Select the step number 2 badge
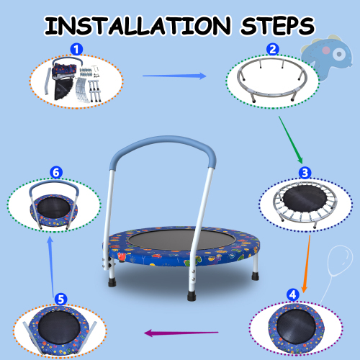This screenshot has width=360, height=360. click(x=272, y=50)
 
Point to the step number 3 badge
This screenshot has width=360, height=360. click(x=305, y=173)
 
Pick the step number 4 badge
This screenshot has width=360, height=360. click(x=292, y=294)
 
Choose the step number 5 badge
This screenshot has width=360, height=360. click(x=61, y=297)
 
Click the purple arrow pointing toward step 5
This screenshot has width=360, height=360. click(x=180, y=333)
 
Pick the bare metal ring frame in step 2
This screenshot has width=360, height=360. click(x=272, y=79)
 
